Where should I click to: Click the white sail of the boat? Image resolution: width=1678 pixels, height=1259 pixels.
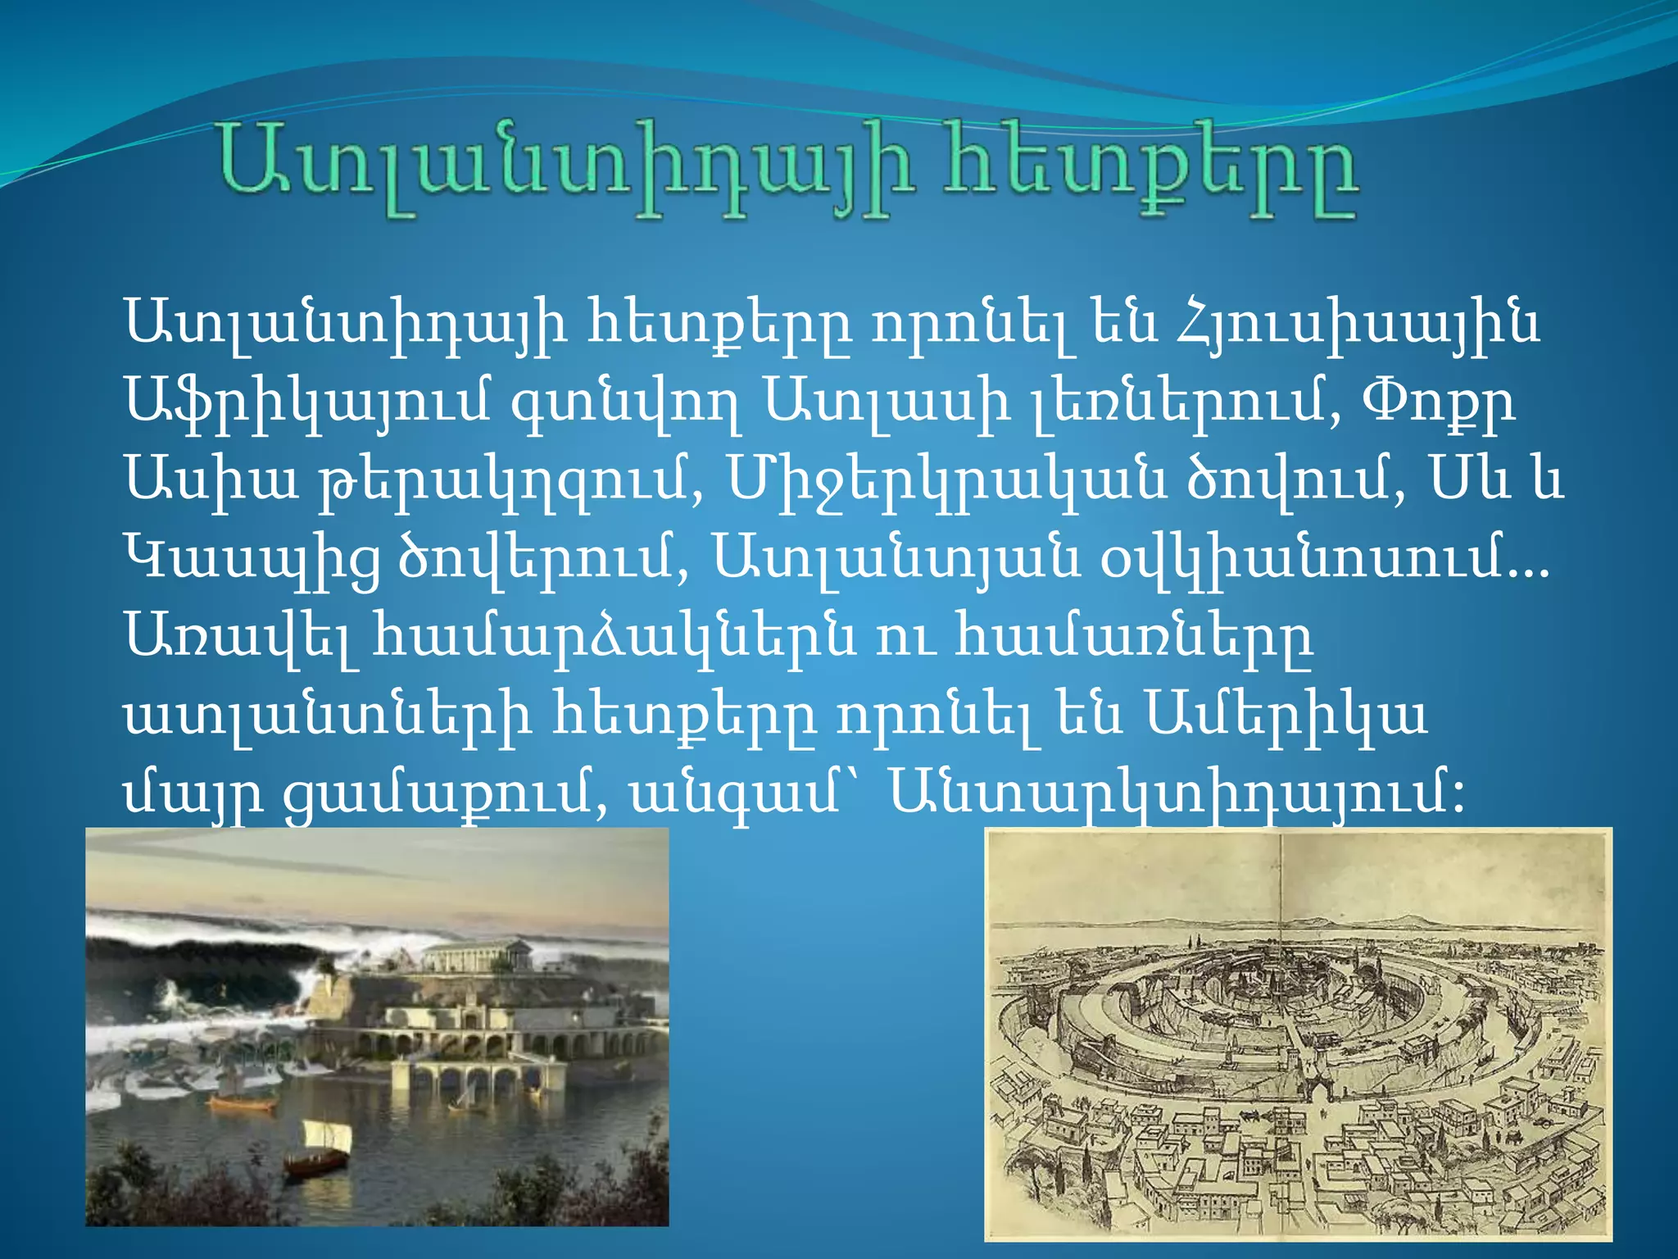click(x=327, y=1136)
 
